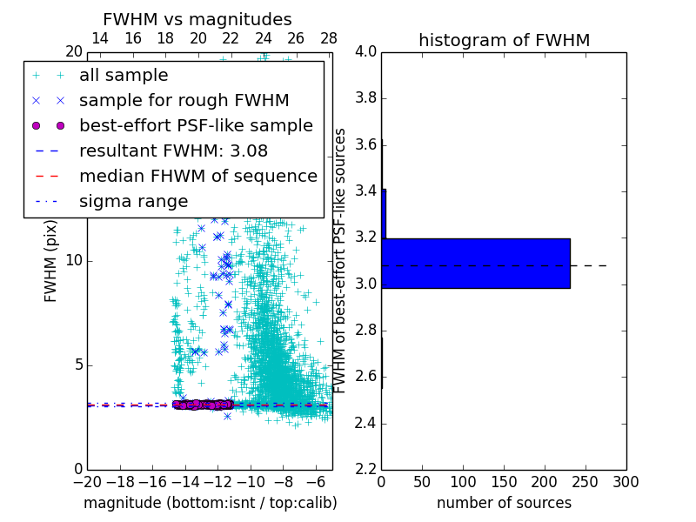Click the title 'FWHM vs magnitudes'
[197, 19]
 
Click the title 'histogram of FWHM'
[504, 40]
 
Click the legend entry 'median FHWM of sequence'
[197, 176]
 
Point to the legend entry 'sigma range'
[133, 201]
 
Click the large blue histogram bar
[476, 263]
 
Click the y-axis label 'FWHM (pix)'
[51, 258]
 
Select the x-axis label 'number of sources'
[504, 503]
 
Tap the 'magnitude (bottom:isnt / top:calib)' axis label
[210, 503]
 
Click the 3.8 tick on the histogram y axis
[365, 98]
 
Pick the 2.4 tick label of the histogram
[365, 424]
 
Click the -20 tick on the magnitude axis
[87, 481]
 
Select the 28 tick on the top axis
[328, 38]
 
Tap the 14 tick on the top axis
[100, 38]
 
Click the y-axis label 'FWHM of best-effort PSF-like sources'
[341, 260]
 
